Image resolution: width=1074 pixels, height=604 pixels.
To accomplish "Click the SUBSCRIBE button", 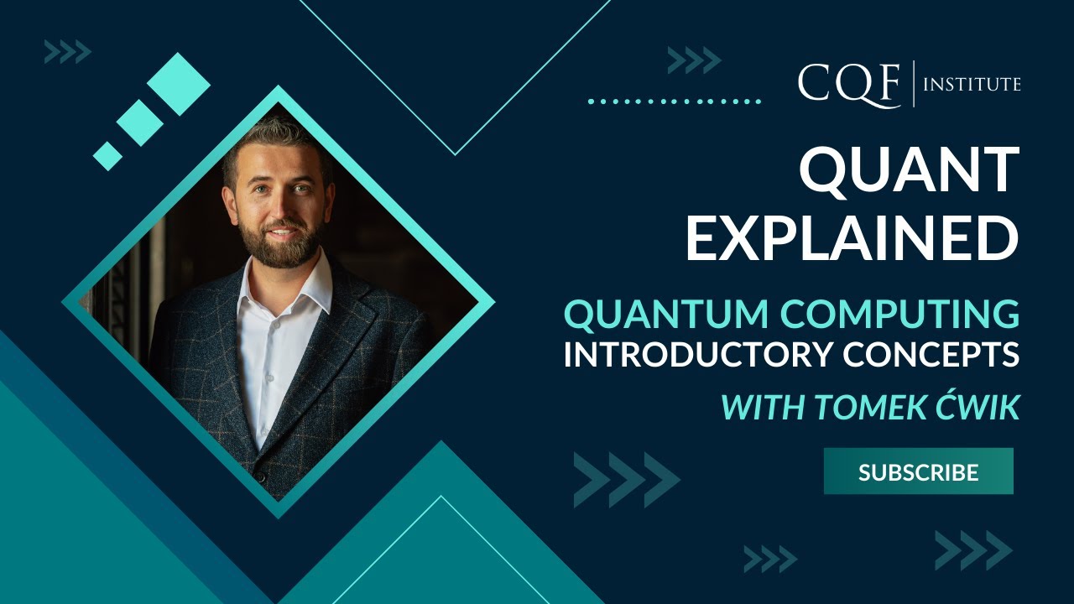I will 918,471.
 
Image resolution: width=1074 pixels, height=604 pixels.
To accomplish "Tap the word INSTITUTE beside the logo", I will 972,84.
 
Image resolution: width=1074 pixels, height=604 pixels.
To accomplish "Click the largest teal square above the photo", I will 178,84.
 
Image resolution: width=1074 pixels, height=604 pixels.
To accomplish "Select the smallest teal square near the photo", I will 107,155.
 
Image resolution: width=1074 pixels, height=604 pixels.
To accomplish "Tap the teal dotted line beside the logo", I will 674,102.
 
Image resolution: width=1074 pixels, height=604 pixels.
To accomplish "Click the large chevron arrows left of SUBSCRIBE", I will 626,480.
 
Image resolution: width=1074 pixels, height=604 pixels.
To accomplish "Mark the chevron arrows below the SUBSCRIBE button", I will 973,550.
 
